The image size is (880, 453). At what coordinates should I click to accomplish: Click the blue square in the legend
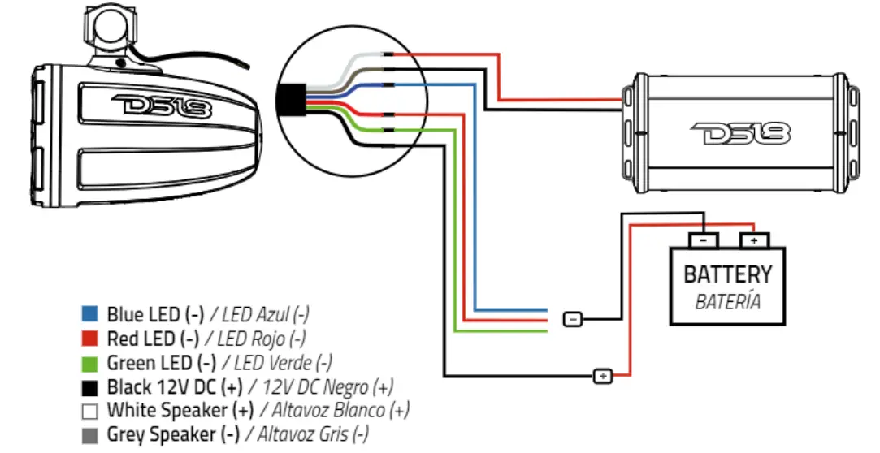[90, 314]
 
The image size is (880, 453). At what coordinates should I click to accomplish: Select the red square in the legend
[90, 338]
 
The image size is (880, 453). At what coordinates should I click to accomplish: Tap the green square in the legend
[90, 362]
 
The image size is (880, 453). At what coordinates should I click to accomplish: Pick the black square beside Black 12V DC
[90, 386]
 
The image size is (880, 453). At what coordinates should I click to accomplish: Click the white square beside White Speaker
[90, 410]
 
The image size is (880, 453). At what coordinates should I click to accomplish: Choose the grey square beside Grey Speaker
[90, 434]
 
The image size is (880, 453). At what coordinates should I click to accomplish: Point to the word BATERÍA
[728, 302]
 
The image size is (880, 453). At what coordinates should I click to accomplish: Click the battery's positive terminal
[754, 240]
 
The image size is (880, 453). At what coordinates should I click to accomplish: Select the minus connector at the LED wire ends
[572, 320]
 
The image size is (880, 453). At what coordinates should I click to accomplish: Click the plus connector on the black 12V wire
[603, 376]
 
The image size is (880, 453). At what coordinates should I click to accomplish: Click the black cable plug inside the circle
[288, 100]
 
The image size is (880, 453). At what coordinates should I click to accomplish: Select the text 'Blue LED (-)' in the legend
[154, 314]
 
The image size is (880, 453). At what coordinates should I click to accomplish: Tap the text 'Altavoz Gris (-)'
[316, 434]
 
